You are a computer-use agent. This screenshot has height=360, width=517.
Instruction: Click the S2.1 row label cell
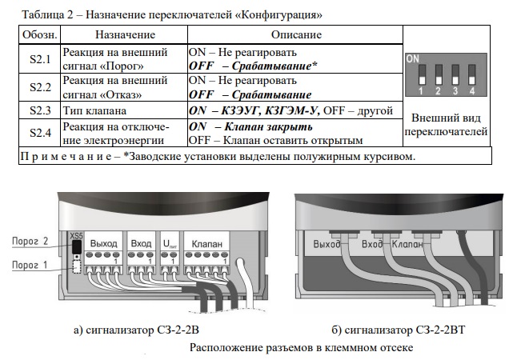click(40, 59)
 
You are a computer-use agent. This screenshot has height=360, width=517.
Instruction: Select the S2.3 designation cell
click(40, 110)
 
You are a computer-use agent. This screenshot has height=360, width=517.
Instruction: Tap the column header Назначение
click(125, 34)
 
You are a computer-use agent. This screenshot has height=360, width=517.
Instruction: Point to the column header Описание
click(296, 34)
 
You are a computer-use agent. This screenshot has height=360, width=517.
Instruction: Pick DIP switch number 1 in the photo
click(422, 75)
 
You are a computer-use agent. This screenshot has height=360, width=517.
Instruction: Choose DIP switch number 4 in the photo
click(471, 75)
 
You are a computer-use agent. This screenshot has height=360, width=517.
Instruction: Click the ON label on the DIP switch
click(413, 58)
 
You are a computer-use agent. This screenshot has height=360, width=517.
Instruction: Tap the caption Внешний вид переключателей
click(446, 125)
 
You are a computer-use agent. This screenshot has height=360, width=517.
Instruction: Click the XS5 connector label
click(77, 236)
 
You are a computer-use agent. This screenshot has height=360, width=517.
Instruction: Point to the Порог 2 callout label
click(30, 242)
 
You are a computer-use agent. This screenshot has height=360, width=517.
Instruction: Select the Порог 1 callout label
click(30, 265)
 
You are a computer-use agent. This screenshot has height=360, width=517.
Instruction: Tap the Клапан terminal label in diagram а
click(206, 244)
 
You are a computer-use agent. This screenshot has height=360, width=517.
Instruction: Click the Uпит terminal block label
click(170, 244)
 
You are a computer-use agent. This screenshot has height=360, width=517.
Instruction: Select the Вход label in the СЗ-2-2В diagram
click(141, 244)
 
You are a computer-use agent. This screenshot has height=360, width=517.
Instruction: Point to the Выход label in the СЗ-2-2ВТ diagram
click(327, 244)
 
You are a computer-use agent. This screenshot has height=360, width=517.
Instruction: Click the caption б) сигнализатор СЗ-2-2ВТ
click(398, 330)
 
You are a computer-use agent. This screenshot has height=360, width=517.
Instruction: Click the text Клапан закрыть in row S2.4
click(268, 126)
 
